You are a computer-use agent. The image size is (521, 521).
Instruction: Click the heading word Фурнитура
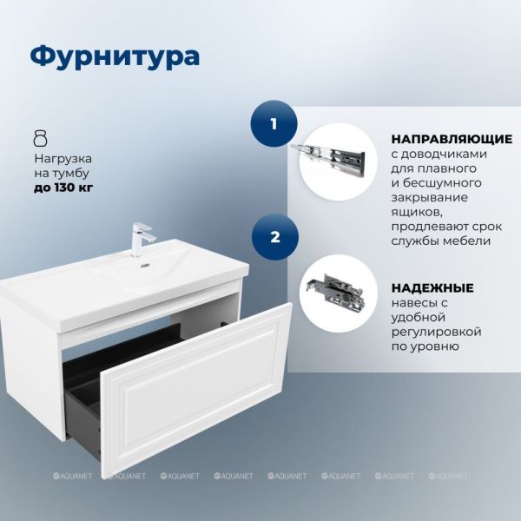tap(115, 56)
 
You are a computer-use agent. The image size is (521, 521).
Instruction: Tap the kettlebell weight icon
tap(41, 138)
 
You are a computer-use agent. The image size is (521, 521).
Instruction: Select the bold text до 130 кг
tap(63, 188)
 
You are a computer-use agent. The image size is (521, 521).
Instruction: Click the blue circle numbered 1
tap(274, 123)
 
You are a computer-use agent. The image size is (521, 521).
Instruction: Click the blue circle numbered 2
tap(275, 237)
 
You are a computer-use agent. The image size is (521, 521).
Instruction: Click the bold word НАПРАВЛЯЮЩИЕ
tap(452, 139)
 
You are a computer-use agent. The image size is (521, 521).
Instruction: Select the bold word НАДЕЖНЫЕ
tap(432, 287)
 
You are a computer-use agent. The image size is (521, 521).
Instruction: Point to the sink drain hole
tap(145, 266)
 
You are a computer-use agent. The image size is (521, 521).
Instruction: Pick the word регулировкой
tap(436, 332)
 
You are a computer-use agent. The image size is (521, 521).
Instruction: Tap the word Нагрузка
tap(63, 159)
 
